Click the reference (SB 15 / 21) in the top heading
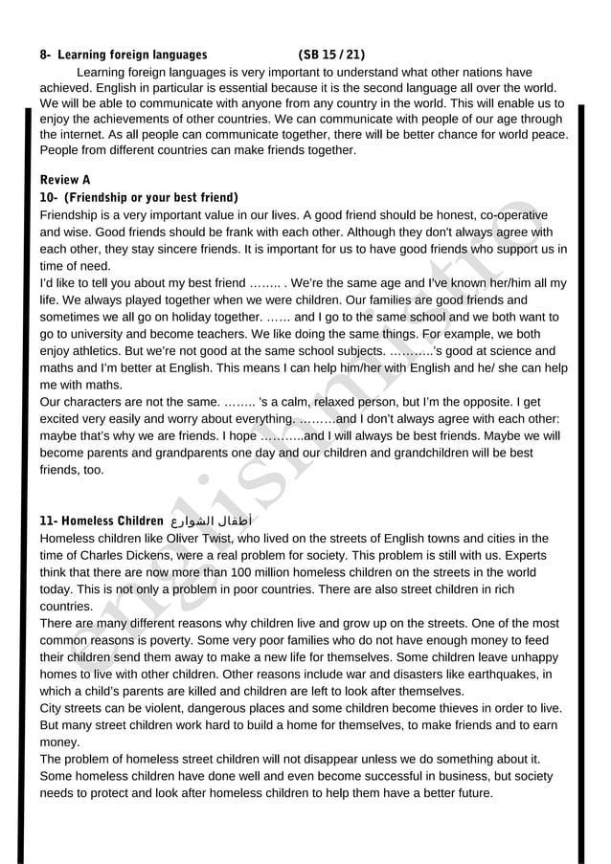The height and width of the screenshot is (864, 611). pyautogui.click(x=331, y=55)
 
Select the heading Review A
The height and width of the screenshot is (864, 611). pyautogui.click(x=65, y=180)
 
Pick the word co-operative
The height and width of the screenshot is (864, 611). pyautogui.click(x=512, y=215)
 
